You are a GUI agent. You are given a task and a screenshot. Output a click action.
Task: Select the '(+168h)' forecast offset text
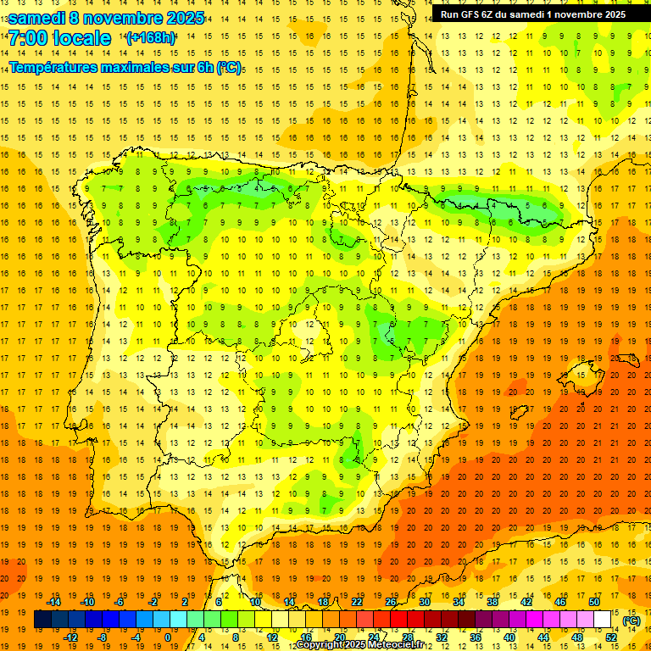point(150,38)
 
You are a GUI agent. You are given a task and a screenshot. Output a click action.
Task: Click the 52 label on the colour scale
point(611,637)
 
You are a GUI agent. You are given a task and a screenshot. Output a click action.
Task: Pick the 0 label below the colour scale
point(168,637)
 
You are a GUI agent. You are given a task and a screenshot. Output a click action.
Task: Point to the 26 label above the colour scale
point(391,602)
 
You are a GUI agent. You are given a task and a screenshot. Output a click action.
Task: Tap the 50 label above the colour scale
point(594,602)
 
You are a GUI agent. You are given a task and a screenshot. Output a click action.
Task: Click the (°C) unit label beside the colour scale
point(632,620)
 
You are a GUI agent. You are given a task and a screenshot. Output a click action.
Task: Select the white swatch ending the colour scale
point(603,620)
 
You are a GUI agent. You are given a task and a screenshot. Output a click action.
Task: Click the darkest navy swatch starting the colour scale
point(42,620)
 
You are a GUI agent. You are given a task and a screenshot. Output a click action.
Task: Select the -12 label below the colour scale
point(70,637)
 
